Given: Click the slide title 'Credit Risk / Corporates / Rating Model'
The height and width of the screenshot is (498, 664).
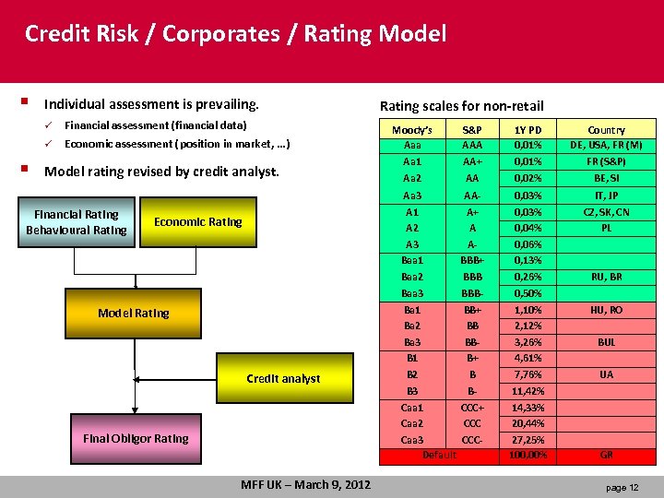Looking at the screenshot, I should [235, 35].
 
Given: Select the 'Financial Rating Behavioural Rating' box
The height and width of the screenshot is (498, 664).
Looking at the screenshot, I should [77, 222].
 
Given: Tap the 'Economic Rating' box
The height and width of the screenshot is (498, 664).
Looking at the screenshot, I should [197, 222].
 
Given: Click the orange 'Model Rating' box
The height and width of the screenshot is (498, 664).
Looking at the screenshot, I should [134, 314].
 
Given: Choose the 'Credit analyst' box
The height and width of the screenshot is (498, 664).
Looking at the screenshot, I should [283, 378].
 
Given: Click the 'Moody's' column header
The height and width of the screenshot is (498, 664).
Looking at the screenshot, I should [411, 130].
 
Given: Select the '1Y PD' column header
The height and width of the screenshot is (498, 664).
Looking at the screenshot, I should [528, 130].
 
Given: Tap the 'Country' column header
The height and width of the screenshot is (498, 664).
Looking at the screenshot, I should [606, 130].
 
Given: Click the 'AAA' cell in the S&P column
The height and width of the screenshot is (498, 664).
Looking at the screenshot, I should [472, 145].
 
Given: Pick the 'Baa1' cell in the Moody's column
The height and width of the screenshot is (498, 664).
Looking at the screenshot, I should [412, 260].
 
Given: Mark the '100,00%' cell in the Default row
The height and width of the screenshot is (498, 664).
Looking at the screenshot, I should [528, 456].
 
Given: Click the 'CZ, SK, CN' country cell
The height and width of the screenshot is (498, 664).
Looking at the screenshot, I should [606, 212].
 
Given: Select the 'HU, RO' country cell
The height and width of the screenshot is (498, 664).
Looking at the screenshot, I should [606, 311].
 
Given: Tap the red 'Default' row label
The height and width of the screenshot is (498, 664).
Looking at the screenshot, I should [439, 456].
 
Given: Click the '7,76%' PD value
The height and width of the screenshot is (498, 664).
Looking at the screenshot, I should [528, 375].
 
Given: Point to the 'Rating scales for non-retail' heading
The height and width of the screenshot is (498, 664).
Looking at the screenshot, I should [462, 106].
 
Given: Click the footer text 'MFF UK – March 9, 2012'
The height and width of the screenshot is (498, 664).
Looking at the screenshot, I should [305, 485].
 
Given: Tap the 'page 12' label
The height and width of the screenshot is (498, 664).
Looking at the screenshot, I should [622, 487].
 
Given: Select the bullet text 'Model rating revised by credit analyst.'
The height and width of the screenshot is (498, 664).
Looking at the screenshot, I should [161, 171].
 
